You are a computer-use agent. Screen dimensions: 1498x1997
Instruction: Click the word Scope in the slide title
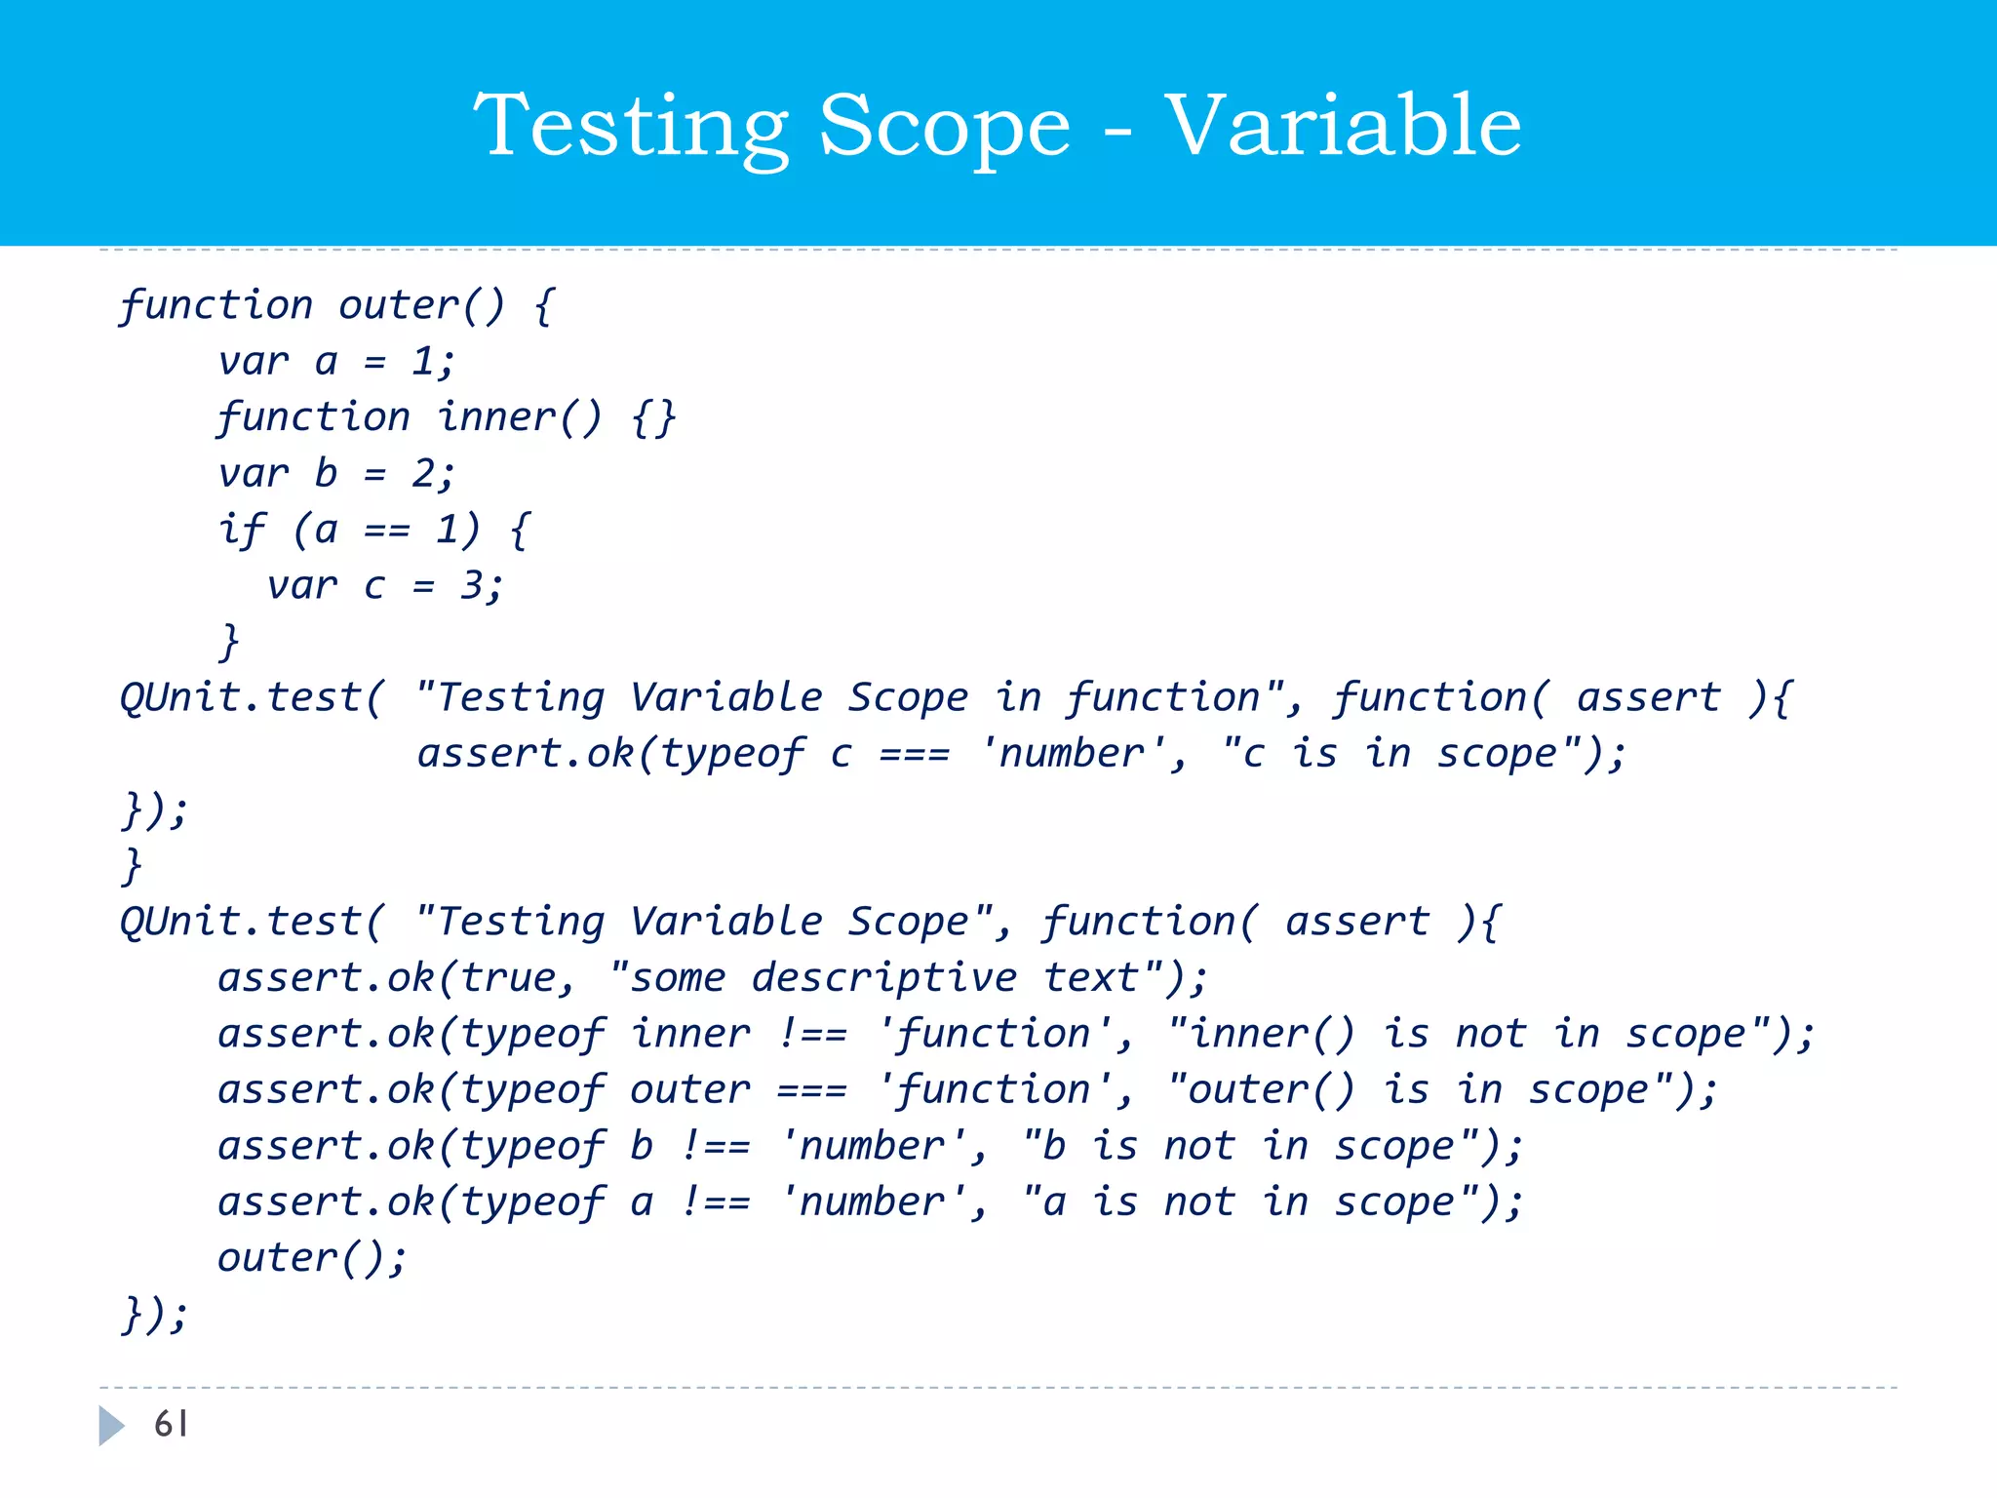coord(944,127)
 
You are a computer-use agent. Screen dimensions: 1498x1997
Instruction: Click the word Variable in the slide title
coord(1343,127)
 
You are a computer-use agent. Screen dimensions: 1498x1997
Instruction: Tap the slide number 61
coord(171,1425)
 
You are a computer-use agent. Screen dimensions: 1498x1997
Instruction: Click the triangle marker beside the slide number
coord(111,1426)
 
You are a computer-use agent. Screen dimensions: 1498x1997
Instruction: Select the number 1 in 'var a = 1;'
coord(422,362)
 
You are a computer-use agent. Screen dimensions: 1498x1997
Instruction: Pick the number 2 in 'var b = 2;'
coord(423,474)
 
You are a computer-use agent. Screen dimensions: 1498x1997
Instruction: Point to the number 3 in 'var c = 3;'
coord(472,586)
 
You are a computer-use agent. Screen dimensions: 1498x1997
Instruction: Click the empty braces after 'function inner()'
coord(652,418)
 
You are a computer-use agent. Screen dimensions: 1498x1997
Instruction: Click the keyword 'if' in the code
coord(241,531)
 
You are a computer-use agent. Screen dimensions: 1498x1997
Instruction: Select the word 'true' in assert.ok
coord(508,978)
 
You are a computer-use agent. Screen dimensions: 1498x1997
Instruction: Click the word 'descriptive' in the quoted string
coord(883,978)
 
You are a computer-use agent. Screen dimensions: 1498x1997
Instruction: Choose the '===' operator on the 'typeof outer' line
coord(811,1090)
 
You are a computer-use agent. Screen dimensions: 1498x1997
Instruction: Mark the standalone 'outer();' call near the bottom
coord(311,1258)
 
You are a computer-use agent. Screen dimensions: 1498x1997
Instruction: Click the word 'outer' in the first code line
coord(398,306)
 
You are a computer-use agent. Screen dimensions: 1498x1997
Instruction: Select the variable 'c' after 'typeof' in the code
coord(841,754)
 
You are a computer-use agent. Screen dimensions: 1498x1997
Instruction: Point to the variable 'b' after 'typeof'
coord(642,1146)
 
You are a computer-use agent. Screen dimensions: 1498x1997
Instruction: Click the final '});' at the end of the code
coord(154,1315)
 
